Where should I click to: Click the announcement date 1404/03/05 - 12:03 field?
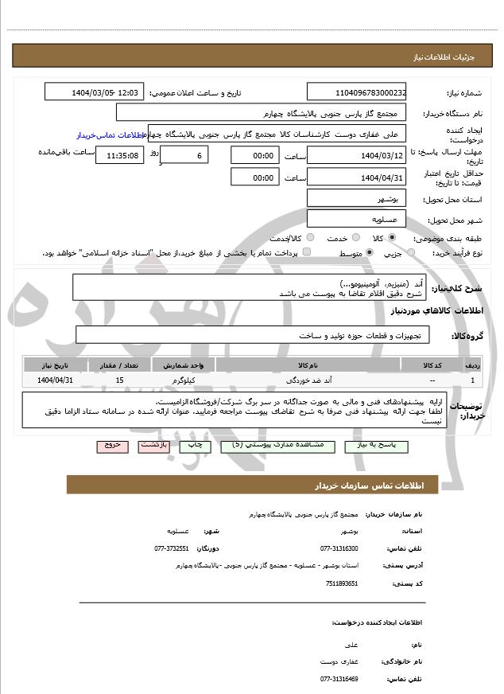95,92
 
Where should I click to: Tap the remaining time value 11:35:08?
119,155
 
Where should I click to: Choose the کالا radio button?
391,238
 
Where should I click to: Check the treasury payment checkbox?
307,252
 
